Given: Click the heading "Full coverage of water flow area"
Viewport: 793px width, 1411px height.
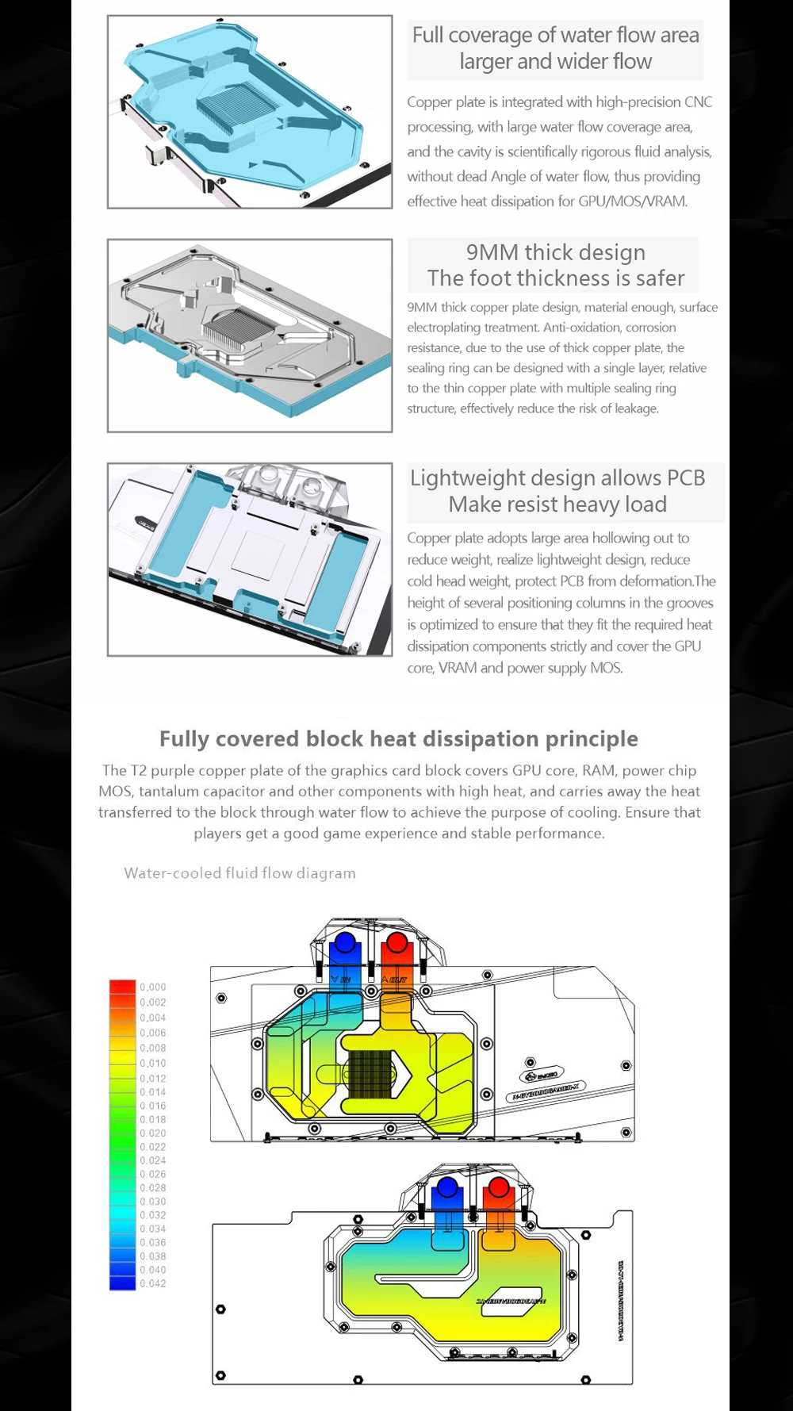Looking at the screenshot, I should (x=555, y=36).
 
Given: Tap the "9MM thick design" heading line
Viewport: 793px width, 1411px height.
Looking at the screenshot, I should (x=555, y=252).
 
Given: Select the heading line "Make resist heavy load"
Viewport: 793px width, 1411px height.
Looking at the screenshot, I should (x=557, y=504).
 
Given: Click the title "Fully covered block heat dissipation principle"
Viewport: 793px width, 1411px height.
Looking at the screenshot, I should (x=398, y=738).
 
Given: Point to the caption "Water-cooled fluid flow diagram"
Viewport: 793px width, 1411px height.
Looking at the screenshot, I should (x=239, y=873).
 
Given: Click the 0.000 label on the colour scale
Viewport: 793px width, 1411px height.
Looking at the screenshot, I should (x=153, y=987).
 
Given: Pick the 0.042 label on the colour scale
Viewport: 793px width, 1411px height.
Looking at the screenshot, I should (x=153, y=1283).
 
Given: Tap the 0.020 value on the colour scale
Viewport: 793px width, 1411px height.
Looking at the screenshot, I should (x=153, y=1133).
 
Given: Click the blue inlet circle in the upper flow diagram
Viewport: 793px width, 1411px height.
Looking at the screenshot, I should (x=345, y=943).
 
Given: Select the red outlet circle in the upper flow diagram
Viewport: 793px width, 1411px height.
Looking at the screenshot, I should (x=396, y=943).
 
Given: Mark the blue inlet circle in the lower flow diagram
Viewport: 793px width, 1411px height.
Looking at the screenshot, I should (x=447, y=1187).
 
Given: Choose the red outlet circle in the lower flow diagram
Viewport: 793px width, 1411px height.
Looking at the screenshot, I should (x=499, y=1187).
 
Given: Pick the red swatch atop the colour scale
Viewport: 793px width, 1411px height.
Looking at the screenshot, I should (x=123, y=987).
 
